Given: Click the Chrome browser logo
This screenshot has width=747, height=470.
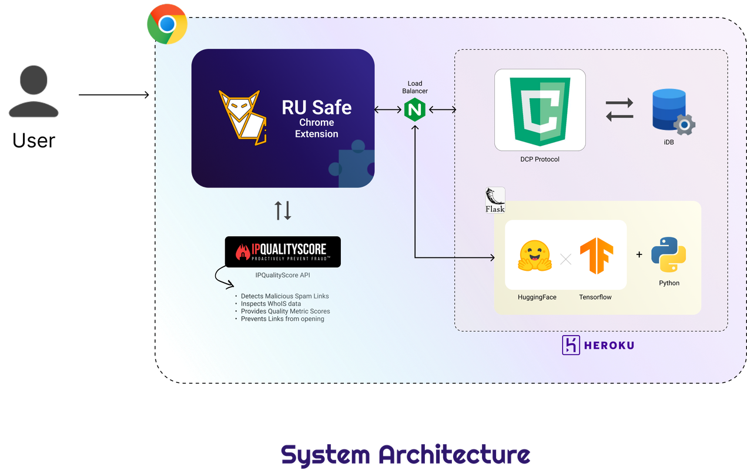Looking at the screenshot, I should coord(167,24).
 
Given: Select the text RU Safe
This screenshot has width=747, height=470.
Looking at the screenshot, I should coord(316,108).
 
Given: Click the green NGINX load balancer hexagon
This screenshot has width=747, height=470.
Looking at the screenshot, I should coord(414,110).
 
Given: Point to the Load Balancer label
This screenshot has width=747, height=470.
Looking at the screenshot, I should coord(415,87).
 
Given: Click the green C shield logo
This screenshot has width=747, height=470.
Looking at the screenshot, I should coord(540,110).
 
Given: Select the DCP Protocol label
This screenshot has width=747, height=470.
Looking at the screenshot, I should coord(540,159).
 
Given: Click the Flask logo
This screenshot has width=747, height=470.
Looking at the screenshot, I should coord(495,200).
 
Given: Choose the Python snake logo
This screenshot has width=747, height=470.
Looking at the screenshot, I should coord(669,254).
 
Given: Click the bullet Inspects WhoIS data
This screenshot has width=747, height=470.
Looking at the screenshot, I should coord(271,304).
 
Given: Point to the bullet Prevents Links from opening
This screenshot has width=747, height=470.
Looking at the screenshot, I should coord(282,319).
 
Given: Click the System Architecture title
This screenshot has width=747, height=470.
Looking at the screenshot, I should coord(406,455).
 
